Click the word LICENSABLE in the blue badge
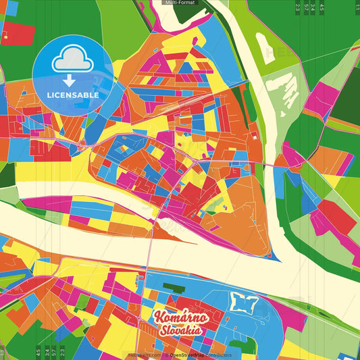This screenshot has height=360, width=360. [x=73, y=95]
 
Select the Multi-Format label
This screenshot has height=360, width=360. [x=179, y=3]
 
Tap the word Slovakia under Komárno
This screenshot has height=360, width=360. [x=181, y=331]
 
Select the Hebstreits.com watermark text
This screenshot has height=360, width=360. [x=145, y=355]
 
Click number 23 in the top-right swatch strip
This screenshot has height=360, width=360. [x=297, y=8]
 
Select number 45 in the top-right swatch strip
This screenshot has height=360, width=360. [x=322, y=8]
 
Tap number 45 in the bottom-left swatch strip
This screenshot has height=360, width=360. [x=38, y=352]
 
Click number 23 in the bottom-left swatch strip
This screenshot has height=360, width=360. [x=62, y=352]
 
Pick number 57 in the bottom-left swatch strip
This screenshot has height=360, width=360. [x=54, y=352]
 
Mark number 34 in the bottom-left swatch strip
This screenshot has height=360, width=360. [x=46, y=352]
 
